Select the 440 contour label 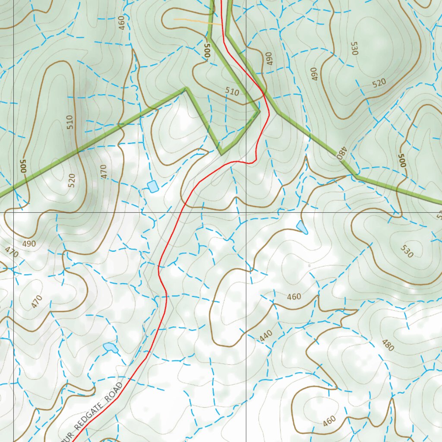pos(266,336)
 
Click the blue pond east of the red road pos(302,227)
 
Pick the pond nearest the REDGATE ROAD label pos(110,347)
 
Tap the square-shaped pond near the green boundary pos(152,186)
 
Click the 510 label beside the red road pos(232,92)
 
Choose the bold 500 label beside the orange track pos(207,51)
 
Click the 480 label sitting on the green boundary pos(342,153)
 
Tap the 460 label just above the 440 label pos(294,297)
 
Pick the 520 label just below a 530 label pos(379,82)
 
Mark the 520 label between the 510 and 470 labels pos(72,179)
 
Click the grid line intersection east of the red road pos(246,212)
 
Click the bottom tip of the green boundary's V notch pos(221,153)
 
